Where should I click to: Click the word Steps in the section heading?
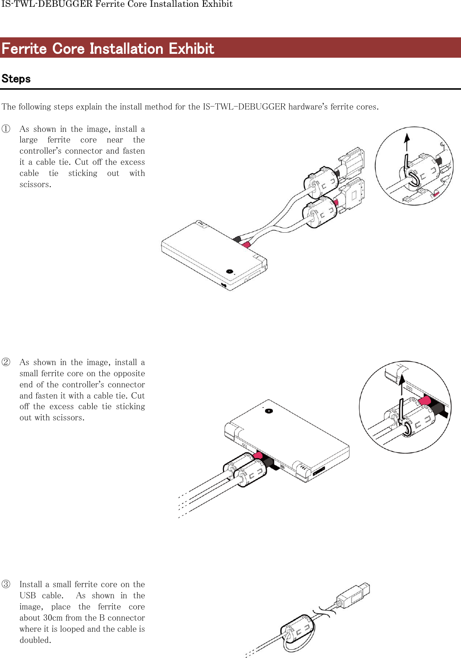(x=16, y=79)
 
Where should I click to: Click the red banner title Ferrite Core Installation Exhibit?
(x=108, y=48)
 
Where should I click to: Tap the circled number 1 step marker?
(x=6, y=129)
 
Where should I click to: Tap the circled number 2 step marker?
(x=6, y=362)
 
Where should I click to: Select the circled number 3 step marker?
(x=6, y=584)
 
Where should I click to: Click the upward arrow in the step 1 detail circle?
(x=407, y=143)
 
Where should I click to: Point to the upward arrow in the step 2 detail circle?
(x=401, y=385)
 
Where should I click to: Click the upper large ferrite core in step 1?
(x=321, y=183)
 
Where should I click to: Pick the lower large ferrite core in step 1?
(x=320, y=213)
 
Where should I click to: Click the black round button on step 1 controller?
(x=230, y=272)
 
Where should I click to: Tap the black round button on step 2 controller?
(x=269, y=411)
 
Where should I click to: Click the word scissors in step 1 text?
(x=34, y=184)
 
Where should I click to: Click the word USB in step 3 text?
(x=28, y=595)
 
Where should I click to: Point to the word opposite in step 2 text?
(x=129, y=373)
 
